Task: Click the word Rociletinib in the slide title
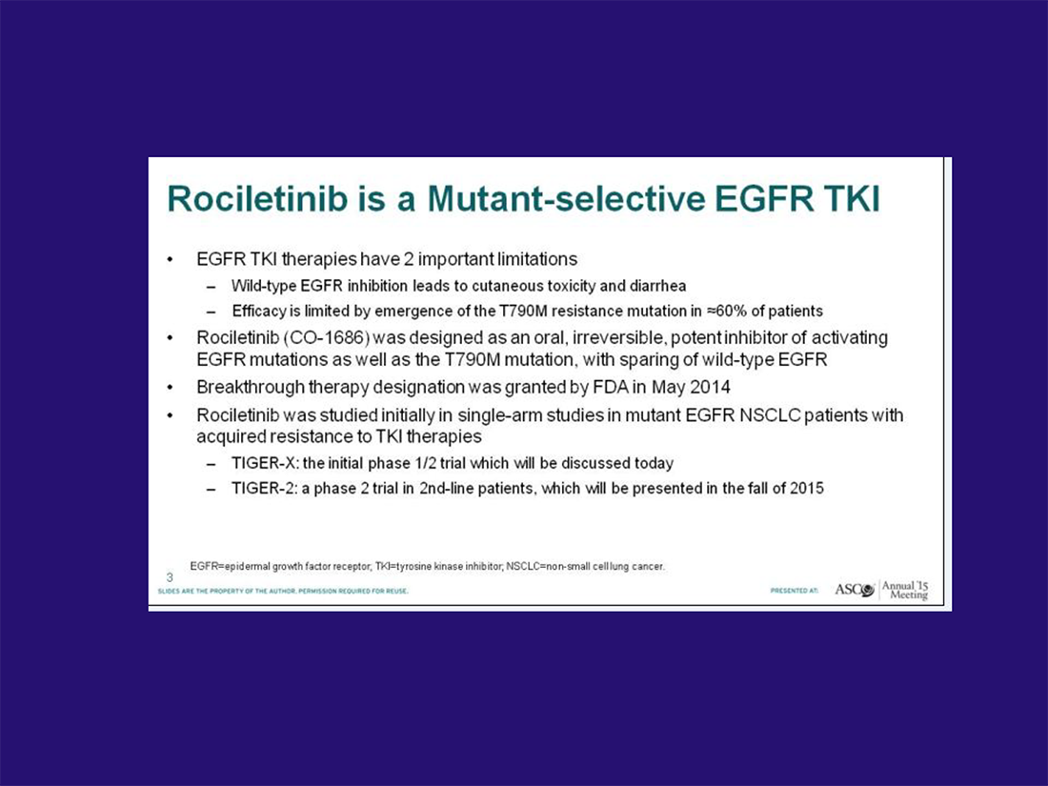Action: click(x=257, y=198)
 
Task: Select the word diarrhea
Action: click(x=657, y=286)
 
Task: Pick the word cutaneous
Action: click(x=508, y=286)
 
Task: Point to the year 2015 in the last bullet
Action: click(x=807, y=489)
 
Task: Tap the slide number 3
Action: click(x=170, y=577)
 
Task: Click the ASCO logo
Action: click(x=855, y=590)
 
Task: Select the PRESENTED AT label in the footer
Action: click(x=794, y=591)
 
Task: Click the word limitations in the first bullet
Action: click(x=533, y=258)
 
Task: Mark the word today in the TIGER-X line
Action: click(x=653, y=463)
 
